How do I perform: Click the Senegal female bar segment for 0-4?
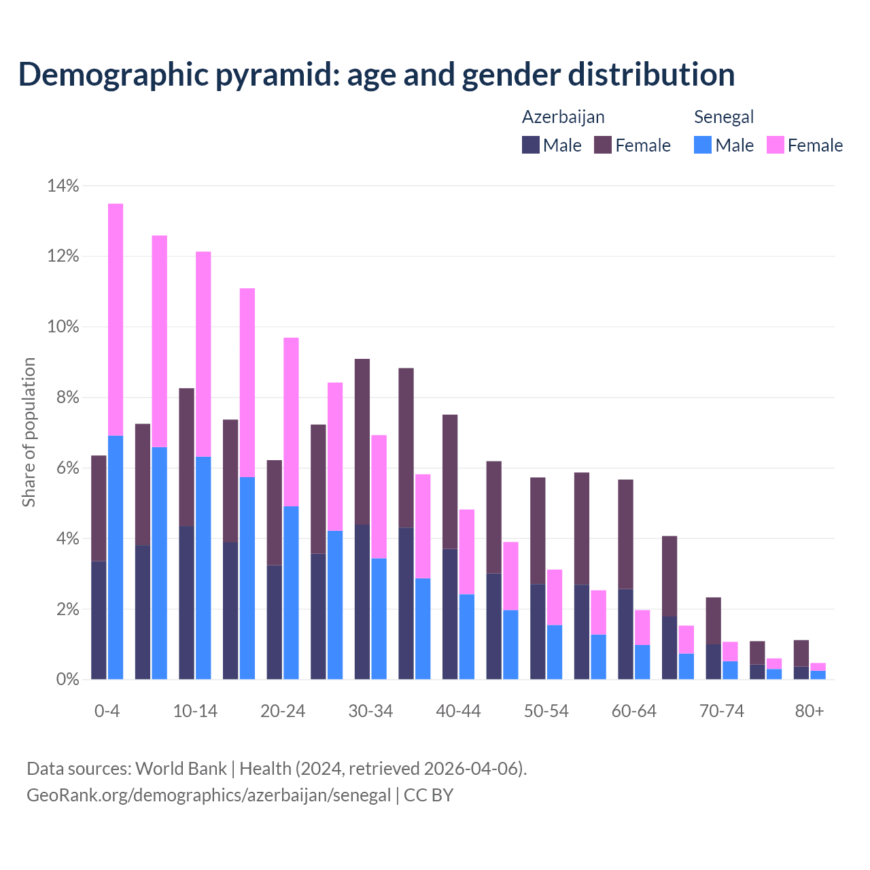tap(116, 319)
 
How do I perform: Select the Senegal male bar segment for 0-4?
tap(116, 557)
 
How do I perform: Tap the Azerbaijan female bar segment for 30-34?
tap(362, 442)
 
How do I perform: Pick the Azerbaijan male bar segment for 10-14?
tap(186, 602)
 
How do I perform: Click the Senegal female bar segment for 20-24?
tap(291, 421)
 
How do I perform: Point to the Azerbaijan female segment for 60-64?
tap(625, 534)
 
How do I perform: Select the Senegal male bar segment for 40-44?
tap(467, 636)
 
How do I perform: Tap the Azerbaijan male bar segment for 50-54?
tap(538, 631)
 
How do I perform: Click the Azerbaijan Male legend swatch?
tap(531, 145)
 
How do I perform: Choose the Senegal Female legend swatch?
tap(775, 145)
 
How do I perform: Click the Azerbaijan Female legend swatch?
tap(603, 145)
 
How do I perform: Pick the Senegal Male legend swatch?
tap(703, 145)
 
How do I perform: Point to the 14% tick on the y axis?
tap(63, 186)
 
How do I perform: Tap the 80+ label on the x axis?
tap(810, 711)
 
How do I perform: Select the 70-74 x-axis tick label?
tap(722, 711)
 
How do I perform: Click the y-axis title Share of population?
tap(29, 432)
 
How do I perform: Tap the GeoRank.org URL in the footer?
tap(209, 795)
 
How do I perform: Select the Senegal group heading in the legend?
tap(723, 117)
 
